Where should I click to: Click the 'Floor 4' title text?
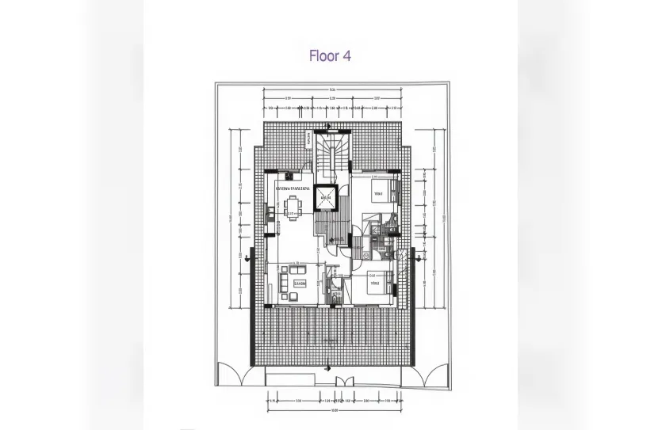329,56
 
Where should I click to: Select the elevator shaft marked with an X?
325,198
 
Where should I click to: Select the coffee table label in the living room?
300,283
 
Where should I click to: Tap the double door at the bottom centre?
342,381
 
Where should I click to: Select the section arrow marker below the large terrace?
327,367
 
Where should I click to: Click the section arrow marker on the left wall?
250,257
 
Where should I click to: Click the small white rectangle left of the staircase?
308,139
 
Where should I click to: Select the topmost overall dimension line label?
333,90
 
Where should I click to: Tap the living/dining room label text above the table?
293,189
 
